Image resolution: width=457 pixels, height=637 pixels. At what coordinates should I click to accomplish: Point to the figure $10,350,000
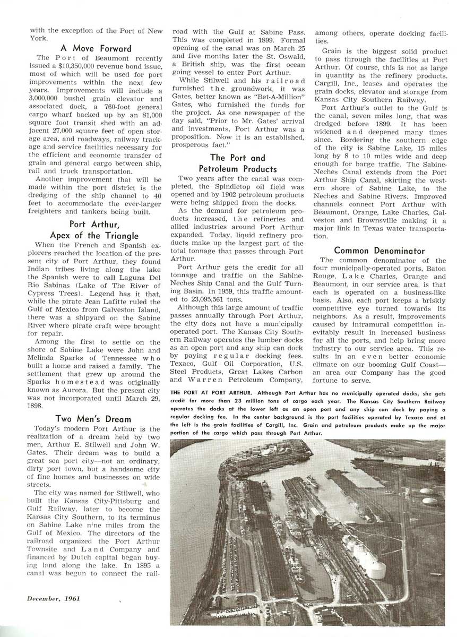click(97, 65)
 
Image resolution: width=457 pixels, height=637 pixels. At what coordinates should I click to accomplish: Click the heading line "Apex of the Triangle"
click(94, 236)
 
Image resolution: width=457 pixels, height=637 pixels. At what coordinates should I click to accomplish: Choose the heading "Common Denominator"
click(379, 250)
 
